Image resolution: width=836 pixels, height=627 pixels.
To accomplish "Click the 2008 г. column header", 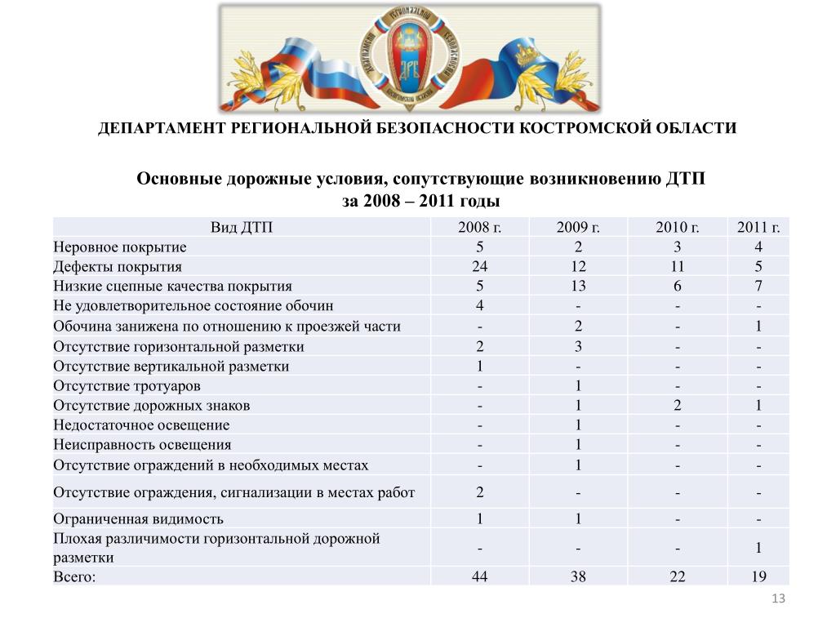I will pyautogui.click(x=479, y=227).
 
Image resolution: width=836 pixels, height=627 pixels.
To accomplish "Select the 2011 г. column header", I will pyautogui.click(x=758, y=227).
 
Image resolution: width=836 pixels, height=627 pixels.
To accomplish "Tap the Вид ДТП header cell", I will pyautogui.click(x=242, y=227).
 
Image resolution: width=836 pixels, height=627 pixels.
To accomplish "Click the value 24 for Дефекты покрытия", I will pyautogui.click(x=479, y=267).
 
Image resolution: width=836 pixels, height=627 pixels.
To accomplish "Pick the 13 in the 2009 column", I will pyautogui.click(x=577, y=287).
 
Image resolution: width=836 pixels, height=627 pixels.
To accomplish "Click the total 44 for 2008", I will pyautogui.click(x=479, y=576).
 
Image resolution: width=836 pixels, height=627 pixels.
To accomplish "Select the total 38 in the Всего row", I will pyautogui.click(x=577, y=576).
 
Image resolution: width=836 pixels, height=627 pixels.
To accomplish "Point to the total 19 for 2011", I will pyautogui.click(x=758, y=576).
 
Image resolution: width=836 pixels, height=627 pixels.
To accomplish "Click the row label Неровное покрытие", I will pyautogui.click(x=120, y=247).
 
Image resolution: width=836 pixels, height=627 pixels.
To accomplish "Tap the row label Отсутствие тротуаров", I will pyautogui.click(x=127, y=386).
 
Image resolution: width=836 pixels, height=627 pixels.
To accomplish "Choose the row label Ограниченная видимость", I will pyautogui.click(x=138, y=518).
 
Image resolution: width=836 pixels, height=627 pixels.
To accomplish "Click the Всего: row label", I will pyautogui.click(x=74, y=576).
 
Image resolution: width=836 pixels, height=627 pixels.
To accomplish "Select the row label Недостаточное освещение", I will pyautogui.click(x=141, y=425).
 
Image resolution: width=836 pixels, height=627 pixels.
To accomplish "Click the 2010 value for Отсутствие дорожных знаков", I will pyautogui.click(x=676, y=406).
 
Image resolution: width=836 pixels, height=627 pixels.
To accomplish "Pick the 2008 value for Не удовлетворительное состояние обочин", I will pyautogui.click(x=479, y=306).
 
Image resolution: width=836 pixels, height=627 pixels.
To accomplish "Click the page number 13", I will pyautogui.click(x=777, y=600).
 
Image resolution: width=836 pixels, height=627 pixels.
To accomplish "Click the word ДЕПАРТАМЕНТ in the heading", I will pyautogui.click(x=161, y=129).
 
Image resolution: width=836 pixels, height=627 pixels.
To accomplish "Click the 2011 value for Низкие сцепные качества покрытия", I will pyautogui.click(x=758, y=287).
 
